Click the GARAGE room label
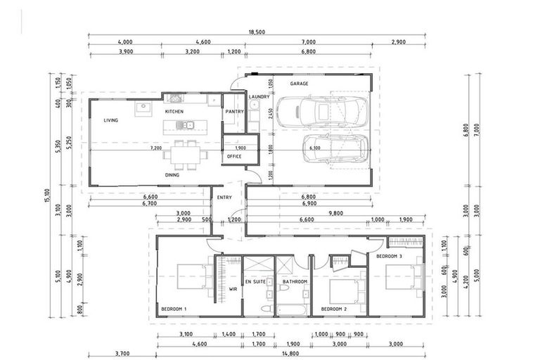[x=300, y=84]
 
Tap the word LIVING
[x=110, y=120]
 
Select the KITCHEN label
[x=174, y=112]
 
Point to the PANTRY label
[x=233, y=112]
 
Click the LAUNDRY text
[x=259, y=97]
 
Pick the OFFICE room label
[x=234, y=156]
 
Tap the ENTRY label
[x=224, y=198]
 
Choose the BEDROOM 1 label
[x=174, y=309]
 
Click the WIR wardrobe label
[x=233, y=288]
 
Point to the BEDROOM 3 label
[x=389, y=257]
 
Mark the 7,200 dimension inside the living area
[x=155, y=148]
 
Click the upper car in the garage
[x=321, y=112]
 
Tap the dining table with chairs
[x=186, y=155]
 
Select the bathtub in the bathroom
[x=291, y=309]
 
